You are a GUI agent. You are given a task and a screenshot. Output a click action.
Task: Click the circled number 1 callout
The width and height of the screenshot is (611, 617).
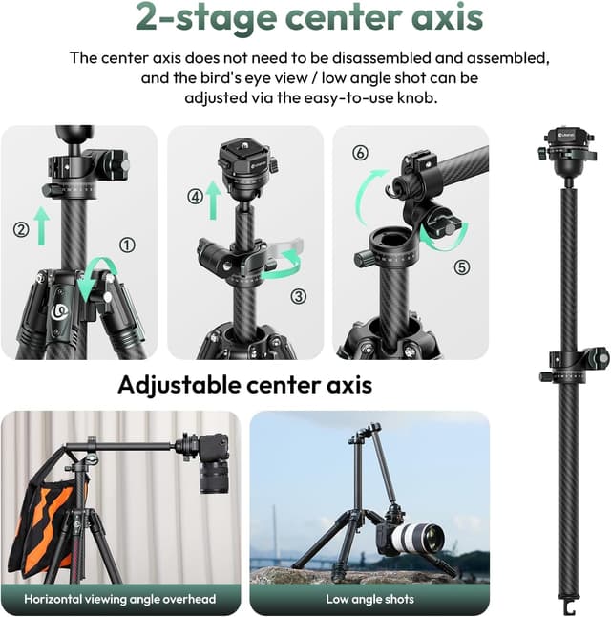point(127,245)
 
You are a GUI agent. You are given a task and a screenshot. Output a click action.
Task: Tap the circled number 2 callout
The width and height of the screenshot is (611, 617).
point(21,229)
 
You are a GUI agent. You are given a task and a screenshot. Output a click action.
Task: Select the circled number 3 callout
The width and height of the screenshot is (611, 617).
point(299,296)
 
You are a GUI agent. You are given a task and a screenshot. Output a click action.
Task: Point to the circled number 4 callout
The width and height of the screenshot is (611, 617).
point(195,197)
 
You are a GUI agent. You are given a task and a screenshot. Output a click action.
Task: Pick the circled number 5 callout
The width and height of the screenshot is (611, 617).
point(462,267)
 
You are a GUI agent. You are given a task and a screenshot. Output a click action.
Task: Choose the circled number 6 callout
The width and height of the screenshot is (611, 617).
point(360,153)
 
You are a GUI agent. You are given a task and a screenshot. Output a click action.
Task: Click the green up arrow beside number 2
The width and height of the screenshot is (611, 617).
point(41,226)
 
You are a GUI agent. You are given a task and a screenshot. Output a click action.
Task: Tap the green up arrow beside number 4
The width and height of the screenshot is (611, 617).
point(213,200)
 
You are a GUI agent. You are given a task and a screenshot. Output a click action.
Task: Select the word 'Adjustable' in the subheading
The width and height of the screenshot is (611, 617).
point(179,385)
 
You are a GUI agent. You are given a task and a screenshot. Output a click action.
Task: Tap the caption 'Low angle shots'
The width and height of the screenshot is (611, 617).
point(369,599)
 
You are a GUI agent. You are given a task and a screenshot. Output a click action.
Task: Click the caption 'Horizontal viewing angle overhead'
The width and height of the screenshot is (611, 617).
point(120,599)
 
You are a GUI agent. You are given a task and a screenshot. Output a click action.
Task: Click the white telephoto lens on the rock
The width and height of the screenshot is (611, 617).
point(418,539)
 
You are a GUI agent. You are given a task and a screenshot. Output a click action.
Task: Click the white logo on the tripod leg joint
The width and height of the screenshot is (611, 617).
point(60,311)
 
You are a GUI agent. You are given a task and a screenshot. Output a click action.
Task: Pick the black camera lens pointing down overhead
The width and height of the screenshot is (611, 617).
point(215,477)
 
